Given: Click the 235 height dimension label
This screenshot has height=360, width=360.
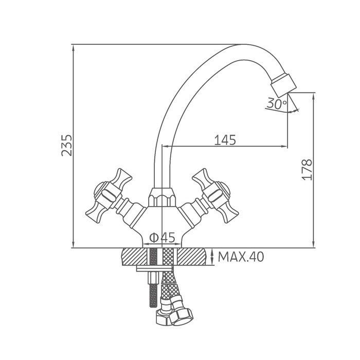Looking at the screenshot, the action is pos(66,146).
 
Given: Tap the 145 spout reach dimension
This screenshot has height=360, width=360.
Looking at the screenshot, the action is pos(225,140).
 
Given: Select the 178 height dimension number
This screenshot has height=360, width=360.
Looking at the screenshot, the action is pos(307,169).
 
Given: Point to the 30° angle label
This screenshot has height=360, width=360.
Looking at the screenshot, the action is pos(277,104).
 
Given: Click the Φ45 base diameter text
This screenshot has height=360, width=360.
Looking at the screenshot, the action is pos(162,238).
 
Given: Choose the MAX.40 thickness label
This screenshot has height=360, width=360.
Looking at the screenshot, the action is pos(241,257).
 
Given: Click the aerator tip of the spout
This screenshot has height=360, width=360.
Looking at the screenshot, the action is pos(284,85).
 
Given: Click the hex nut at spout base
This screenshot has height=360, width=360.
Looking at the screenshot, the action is pos(162,197).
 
